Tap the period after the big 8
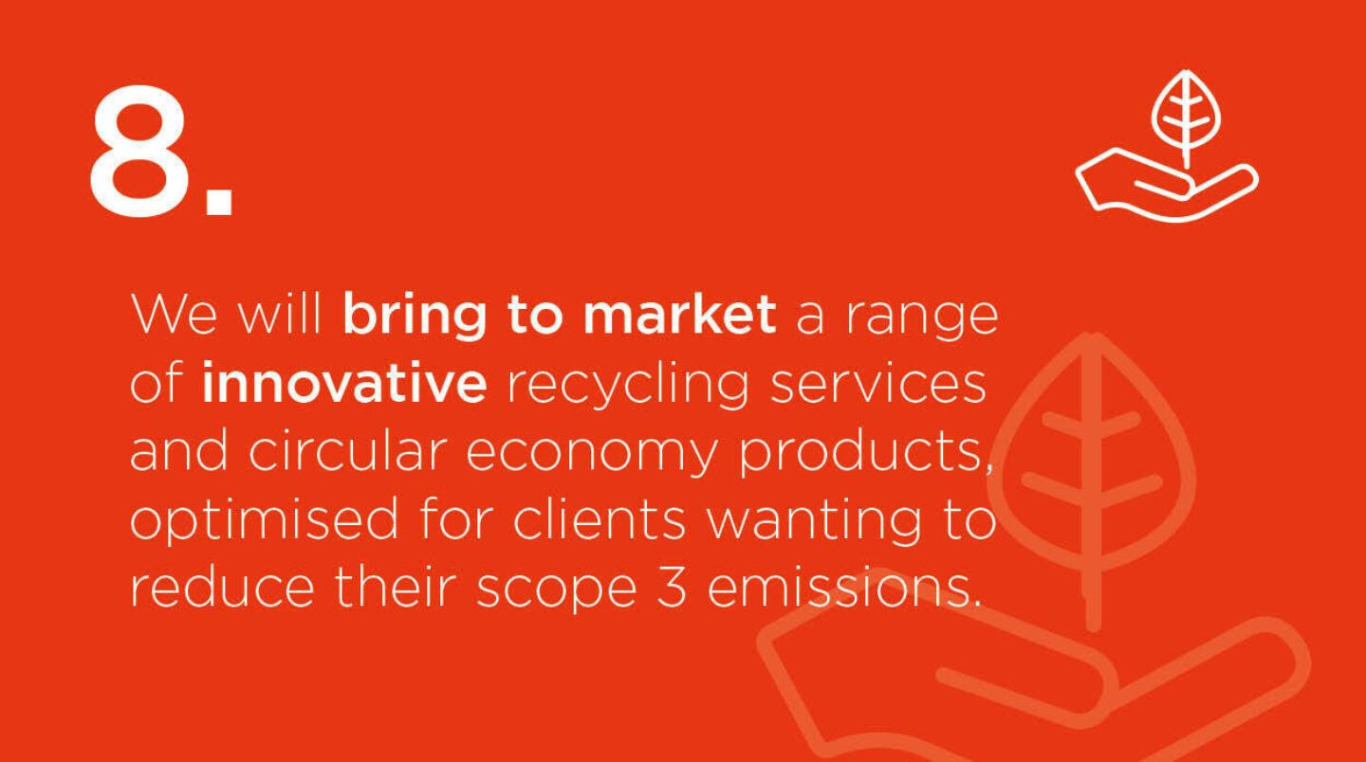coord(218,201)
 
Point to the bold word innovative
coord(344,385)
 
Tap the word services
coord(877,385)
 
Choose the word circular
coord(347,453)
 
